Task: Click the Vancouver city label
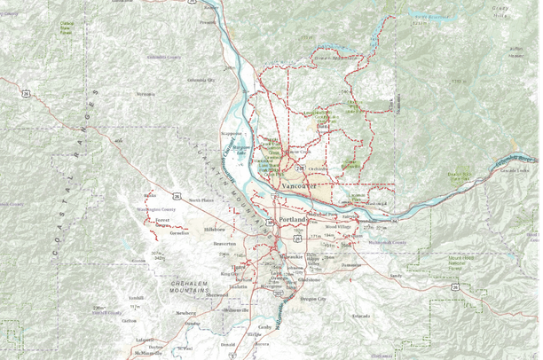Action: coord(299,187)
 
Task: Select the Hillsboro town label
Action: coord(216,229)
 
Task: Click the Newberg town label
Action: coord(185,313)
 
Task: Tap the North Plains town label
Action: coord(201,200)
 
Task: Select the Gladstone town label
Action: coord(309,279)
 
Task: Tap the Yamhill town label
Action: coord(135,298)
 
